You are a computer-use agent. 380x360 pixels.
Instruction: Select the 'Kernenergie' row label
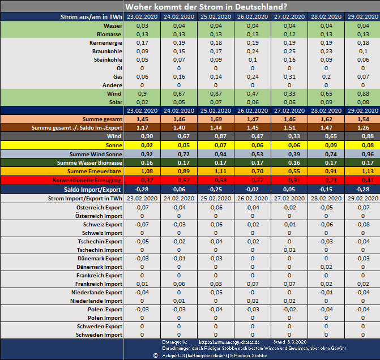click(105, 43)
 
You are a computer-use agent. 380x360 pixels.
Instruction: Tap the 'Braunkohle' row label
click(107, 52)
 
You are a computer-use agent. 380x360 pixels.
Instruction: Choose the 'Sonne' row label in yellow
click(113, 145)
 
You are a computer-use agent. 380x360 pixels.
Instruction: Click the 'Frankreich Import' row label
click(99, 284)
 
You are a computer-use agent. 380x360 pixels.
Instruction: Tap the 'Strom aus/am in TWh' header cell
click(91, 18)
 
